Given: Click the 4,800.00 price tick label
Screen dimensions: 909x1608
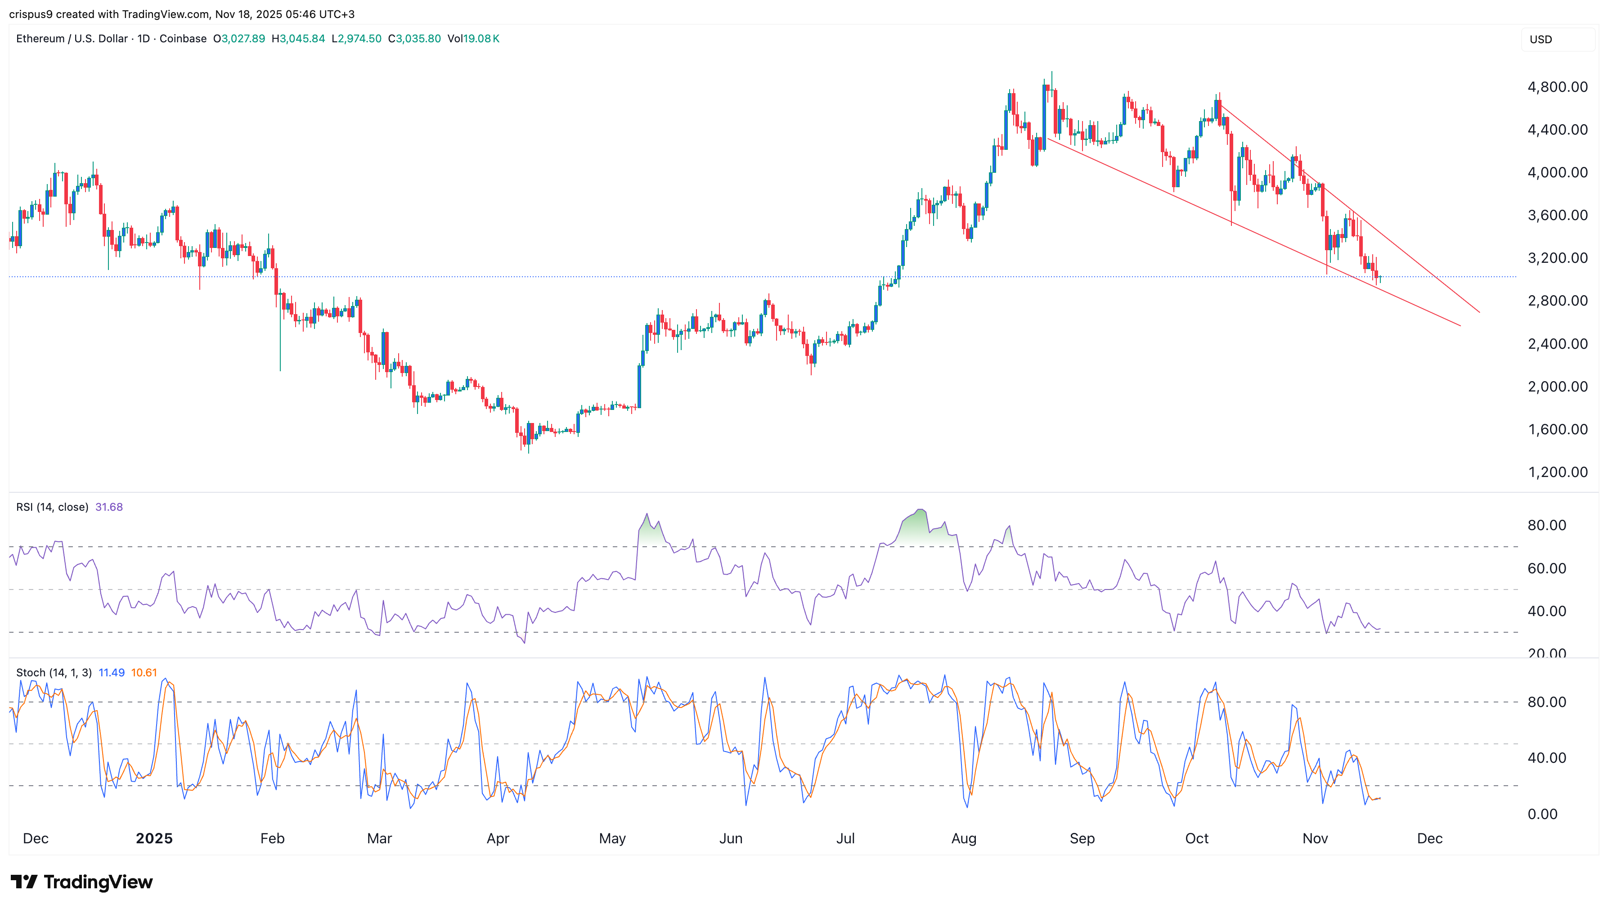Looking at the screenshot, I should pos(1557,87).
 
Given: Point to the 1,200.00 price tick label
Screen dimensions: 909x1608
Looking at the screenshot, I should pos(1557,472).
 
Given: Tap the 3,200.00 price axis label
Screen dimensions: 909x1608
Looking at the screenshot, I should pos(1557,258).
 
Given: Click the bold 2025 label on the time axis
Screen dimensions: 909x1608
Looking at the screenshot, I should pos(154,838).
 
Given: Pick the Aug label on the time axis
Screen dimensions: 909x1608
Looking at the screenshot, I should pos(963,838).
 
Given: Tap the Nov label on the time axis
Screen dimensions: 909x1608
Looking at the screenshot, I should pos(1315,838).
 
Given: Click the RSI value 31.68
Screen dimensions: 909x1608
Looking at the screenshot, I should pos(109,507).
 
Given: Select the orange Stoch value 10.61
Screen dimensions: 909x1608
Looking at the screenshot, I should pos(144,672).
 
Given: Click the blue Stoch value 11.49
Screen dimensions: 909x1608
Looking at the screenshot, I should pos(112,672).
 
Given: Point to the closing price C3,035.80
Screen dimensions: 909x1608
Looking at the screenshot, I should pos(414,39).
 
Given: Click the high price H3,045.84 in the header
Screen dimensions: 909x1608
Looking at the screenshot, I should pos(298,39).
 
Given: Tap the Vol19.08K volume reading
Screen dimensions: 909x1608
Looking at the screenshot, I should pos(473,39).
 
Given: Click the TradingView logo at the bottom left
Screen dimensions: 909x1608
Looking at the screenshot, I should pos(81,882).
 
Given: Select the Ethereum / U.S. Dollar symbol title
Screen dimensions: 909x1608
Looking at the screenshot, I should pos(72,39).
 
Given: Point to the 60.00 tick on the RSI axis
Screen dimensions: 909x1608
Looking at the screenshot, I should pos(1546,568).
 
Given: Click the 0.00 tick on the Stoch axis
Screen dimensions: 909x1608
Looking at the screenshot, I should pos(1542,814).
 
